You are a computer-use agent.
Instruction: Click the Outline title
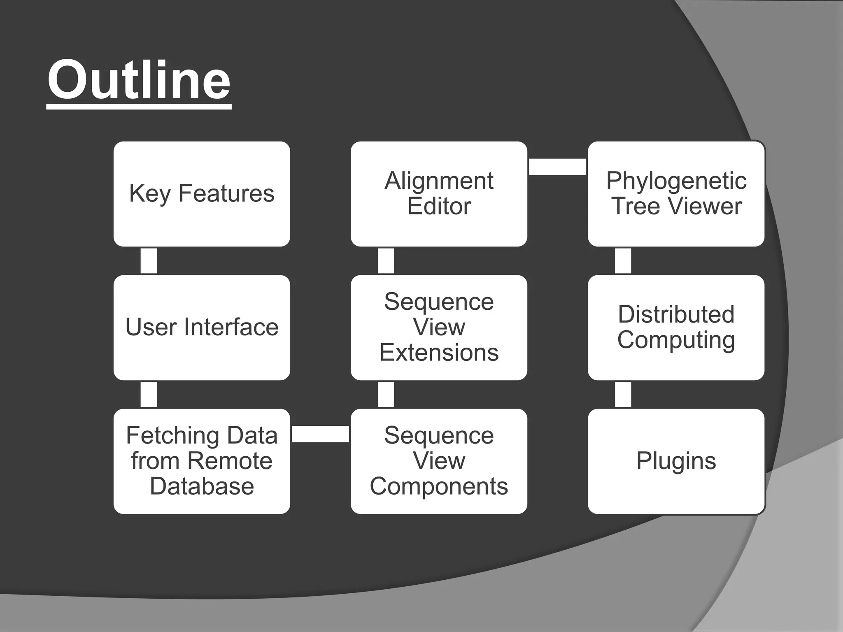pyautogui.click(x=139, y=80)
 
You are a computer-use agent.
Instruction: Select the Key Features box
pyautogui.click(x=202, y=193)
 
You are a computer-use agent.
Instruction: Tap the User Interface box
pyautogui.click(x=202, y=327)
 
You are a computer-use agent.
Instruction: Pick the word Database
pyautogui.click(x=202, y=486)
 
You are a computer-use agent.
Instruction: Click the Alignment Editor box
pyautogui.click(x=439, y=193)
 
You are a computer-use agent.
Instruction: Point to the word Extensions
pyautogui.click(x=439, y=353)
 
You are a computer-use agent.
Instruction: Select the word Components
pyautogui.click(x=439, y=486)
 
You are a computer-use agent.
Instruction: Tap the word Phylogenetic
pyautogui.click(x=676, y=181)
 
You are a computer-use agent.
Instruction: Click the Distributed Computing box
pyautogui.click(x=676, y=327)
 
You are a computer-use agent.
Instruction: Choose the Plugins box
pyautogui.click(x=676, y=461)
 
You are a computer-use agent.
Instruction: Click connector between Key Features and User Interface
pyautogui.click(x=149, y=261)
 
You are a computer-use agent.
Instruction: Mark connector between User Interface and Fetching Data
pyautogui.click(x=149, y=395)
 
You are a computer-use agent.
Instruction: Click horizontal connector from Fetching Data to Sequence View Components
pyautogui.click(x=320, y=434)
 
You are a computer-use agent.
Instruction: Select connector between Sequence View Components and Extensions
pyautogui.click(x=386, y=395)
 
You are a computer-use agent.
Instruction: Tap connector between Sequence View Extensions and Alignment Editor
pyautogui.click(x=386, y=261)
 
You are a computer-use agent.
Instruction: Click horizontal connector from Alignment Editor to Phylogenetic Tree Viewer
pyautogui.click(x=557, y=167)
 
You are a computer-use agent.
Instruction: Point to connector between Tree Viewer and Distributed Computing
pyautogui.click(x=623, y=261)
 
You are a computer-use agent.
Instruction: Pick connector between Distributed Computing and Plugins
pyautogui.click(x=623, y=395)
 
